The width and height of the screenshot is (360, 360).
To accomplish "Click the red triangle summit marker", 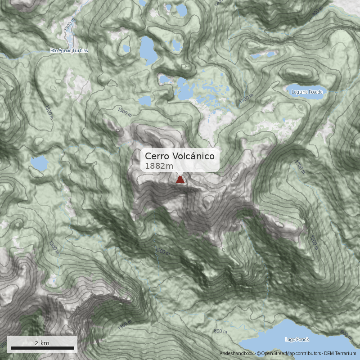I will pyautogui.click(x=180, y=180).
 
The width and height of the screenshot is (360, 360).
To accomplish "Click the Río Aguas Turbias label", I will pyautogui.click(x=69, y=51).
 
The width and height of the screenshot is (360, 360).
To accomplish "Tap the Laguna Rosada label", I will pyautogui.click(x=307, y=92).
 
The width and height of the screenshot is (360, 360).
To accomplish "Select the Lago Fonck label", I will pyautogui.click(x=297, y=339).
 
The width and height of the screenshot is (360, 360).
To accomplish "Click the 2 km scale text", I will pyautogui.click(x=42, y=343).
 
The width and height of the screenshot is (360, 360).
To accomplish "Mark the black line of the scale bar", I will pyautogui.click(x=42, y=348).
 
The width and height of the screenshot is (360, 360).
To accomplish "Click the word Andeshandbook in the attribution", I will pyautogui.click(x=236, y=354).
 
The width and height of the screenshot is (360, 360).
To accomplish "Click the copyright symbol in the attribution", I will pyautogui.click(x=259, y=354).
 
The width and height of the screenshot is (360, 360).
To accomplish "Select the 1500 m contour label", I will pyautogui.click(x=126, y=110).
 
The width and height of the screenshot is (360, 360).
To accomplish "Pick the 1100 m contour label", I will pyautogui.click(x=125, y=325).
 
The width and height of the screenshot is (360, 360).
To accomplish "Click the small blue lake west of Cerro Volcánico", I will pyautogui.click(x=39, y=164).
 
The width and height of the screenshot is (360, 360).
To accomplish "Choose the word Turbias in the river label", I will pyautogui.click(x=79, y=51).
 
